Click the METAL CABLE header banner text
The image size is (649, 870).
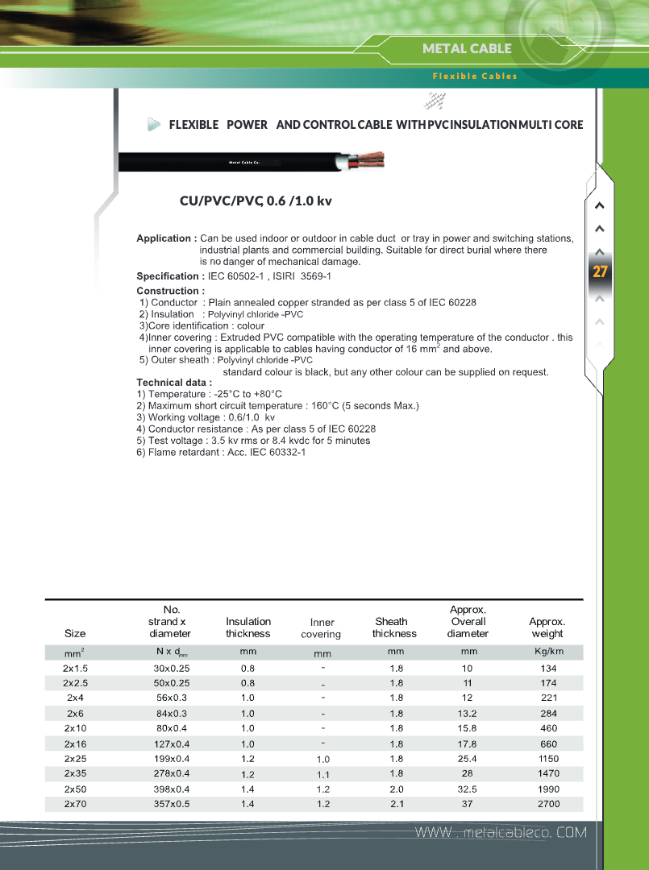pyautogui.click(x=467, y=48)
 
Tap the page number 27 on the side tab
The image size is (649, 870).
pyautogui.click(x=600, y=271)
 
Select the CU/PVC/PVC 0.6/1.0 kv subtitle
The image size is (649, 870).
pyautogui.click(x=256, y=201)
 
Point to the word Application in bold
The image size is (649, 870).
pyautogui.click(x=164, y=238)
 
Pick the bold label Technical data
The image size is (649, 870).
pyautogui.click(x=173, y=382)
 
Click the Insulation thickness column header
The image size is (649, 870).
pyautogui.click(x=248, y=628)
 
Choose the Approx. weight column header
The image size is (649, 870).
pyautogui.click(x=547, y=628)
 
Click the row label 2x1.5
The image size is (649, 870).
pyautogui.click(x=75, y=669)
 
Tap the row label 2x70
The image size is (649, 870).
pyautogui.click(x=75, y=804)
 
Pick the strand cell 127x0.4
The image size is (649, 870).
pyautogui.click(x=172, y=744)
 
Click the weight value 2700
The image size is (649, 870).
pyautogui.click(x=547, y=804)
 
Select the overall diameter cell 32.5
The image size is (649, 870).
pyautogui.click(x=468, y=789)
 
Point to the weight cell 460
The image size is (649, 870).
pyautogui.click(x=547, y=729)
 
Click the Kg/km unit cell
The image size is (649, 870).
pyautogui.click(x=547, y=652)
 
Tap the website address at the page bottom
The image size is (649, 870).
pyautogui.click(x=500, y=832)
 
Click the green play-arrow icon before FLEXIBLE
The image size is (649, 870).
pyautogui.click(x=154, y=125)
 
